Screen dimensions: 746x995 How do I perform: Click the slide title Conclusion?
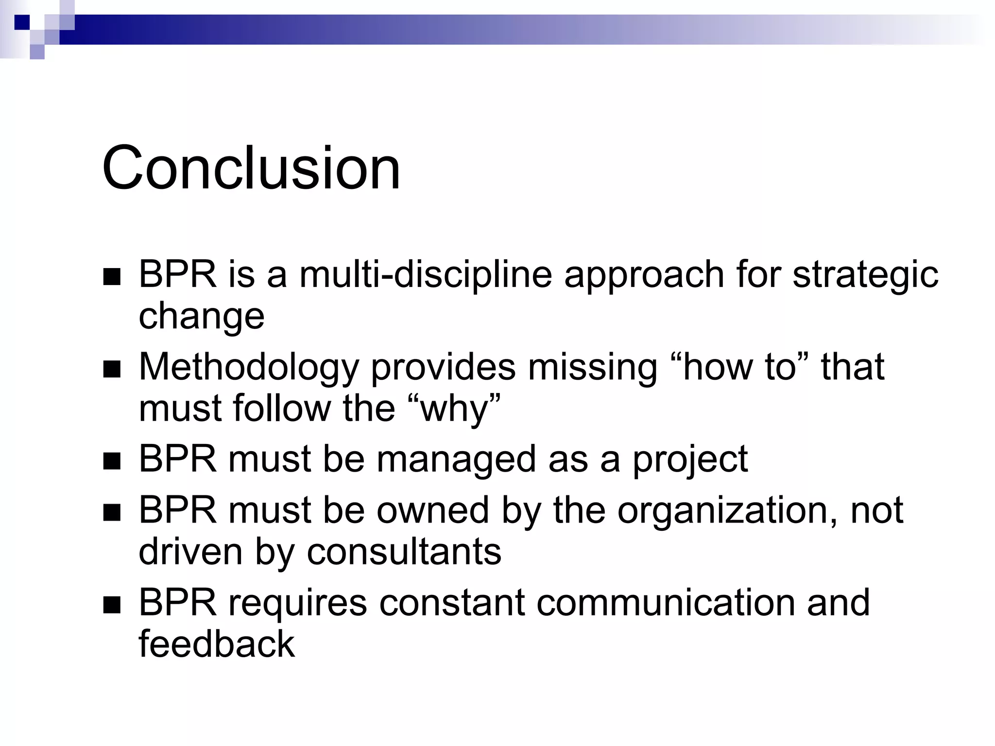tap(251, 168)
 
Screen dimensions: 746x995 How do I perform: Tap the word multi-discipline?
tap(425, 274)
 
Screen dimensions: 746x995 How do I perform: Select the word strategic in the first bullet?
tap(865, 274)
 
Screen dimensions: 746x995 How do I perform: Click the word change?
tap(201, 317)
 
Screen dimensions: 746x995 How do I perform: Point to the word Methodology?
tap(248, 368)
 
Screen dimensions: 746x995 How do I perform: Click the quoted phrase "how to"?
tap(740, 367)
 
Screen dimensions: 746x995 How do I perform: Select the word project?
tap(690, 459)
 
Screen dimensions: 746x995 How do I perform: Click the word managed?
tap(456, 459)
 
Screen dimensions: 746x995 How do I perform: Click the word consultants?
tap(404, 552)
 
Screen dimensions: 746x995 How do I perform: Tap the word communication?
tap(666, 603)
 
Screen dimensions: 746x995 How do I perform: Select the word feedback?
tap(217, 644)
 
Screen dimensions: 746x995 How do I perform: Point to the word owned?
tap(432, 511)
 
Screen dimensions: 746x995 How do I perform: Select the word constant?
tap(452, 603)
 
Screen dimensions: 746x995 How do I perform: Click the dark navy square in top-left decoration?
tap(22, 22)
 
